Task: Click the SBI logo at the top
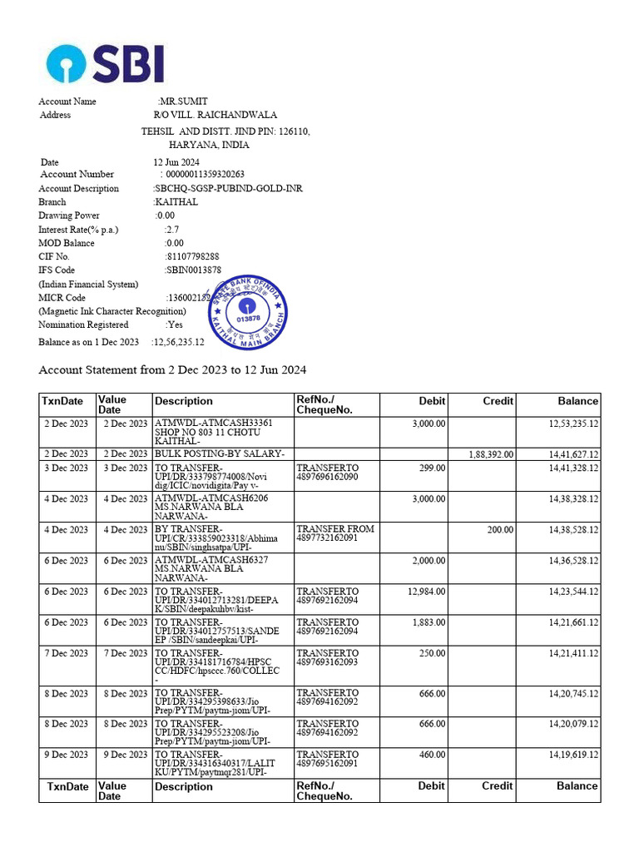(105, 63)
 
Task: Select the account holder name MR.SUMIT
(184, 102)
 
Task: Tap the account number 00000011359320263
(205, 175)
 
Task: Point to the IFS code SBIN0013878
(193, 270)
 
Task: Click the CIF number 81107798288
(192, 257)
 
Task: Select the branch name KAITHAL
(176, 202)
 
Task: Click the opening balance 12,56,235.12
(178, 342)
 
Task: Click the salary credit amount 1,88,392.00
(491, 454)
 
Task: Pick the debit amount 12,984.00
(426, 592)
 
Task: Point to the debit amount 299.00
(431, 468)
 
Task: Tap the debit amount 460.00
(431, 755)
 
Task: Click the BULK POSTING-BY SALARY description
(220, 453)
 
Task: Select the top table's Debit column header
(432, 401)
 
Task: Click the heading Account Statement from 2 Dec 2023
(173, 369)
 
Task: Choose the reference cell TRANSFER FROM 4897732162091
(335, 533)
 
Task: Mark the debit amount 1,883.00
(428, 622)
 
